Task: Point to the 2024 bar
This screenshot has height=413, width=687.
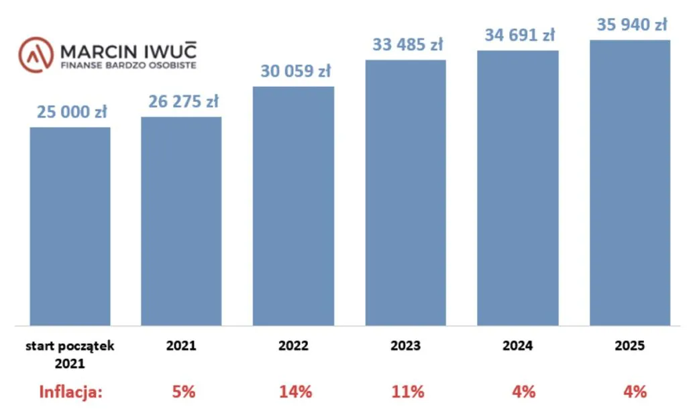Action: tap(518, 188)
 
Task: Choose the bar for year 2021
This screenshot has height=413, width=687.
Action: tap(181, 222)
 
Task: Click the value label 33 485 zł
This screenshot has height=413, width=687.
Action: tap(408, 46)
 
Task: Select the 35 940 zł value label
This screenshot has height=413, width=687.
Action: tap(631, 25)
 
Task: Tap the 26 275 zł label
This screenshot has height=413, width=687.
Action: tap(183, 102)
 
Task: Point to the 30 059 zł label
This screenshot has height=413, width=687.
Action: tap(296, 71)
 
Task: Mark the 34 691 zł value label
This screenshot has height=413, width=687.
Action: tap(520, 35)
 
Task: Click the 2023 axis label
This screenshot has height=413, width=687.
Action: tap(405, 347)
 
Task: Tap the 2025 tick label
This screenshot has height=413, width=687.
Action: tap(629, 347)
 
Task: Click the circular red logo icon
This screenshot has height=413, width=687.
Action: tap(36, 55)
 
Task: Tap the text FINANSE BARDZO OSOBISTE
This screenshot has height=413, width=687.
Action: tap(129, 66)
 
